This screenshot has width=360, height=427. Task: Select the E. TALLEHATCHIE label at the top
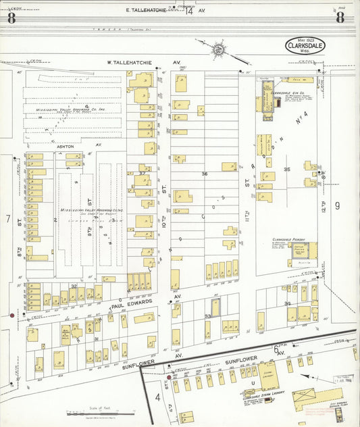pyautogui.click(x=147, y=11)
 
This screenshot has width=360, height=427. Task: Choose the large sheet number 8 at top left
pyautogui.click(x=11, y=18)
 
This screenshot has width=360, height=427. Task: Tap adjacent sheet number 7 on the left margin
pyautogui.click(x=8, y=219)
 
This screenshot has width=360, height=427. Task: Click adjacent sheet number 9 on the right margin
pyautogui.click(x=336, y=205)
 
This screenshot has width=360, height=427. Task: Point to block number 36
pyautogui.click(x=204, y=174)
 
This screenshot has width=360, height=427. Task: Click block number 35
pyautogui.click(x=287, y=169)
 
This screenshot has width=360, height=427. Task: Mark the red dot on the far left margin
pyautogui.click(x=11, y=315)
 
